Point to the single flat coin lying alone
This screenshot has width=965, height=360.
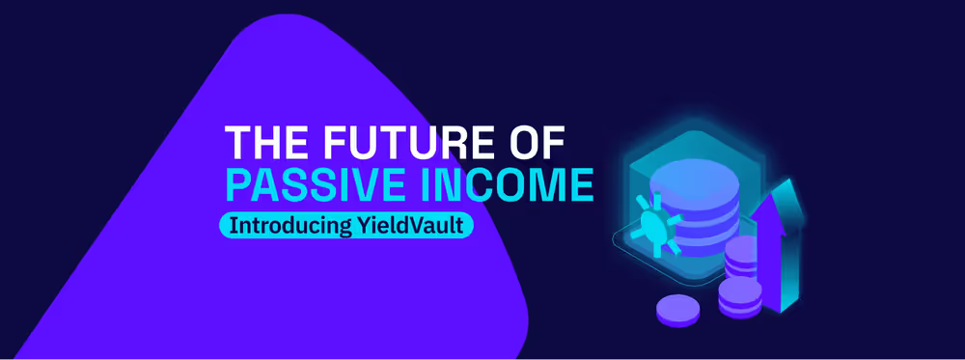[x=677, y=309]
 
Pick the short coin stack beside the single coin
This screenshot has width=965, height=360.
[x=740, y=297]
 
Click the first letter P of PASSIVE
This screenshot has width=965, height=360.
[x=237, y=184]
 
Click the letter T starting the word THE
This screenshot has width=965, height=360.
[x=236, y=144]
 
